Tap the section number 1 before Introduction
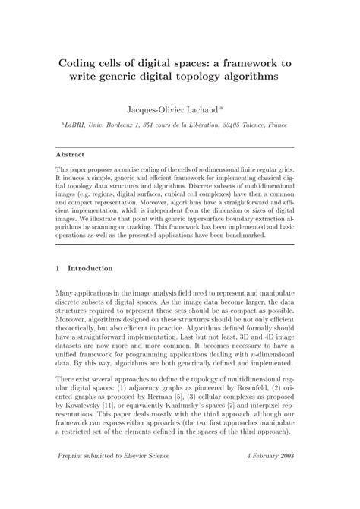(x=59, y=268)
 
